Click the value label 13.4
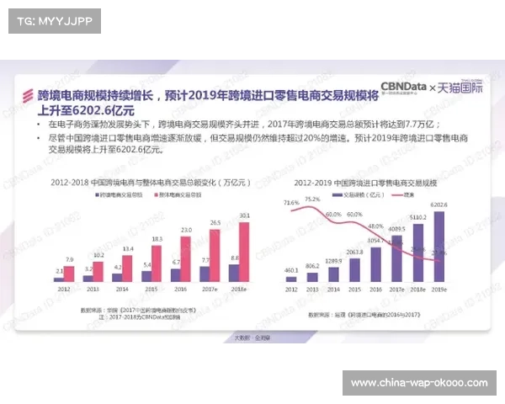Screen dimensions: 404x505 click(127, 249)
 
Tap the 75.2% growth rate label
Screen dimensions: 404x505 click(312, 199)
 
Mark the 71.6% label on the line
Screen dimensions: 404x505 click(291, 203)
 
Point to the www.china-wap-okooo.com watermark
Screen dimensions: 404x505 click(418, 383)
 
